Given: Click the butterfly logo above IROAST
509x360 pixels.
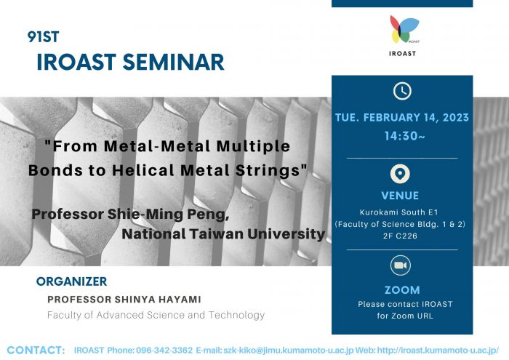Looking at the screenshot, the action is click(x=404, y=29).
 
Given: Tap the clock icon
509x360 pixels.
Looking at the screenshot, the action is click(x=402, y=91).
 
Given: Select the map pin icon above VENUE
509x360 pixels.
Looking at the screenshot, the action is click(x=400, y=174).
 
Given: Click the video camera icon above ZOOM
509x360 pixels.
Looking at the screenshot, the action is click(x=400, y=265).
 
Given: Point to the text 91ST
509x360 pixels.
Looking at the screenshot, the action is click(x=43, y=36).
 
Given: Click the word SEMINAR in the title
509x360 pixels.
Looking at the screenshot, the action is click(x=174, y=62).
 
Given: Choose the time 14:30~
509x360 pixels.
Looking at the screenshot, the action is click(x=405, y=136).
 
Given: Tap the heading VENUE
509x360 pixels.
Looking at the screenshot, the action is click(x=400, y=196).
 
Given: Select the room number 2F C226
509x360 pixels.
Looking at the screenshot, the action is click(x=400, y=236).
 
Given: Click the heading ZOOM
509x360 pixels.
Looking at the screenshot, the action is click(x=402, y=290).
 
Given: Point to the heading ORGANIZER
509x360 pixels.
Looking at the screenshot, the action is click(x=71, y=281).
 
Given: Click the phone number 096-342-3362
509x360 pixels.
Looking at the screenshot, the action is click(x=164, y=351).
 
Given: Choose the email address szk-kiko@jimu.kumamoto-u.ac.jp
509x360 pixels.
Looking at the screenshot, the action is click(x=288, y=351).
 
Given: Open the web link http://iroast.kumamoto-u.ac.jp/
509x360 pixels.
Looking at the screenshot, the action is click(x=438, y=351).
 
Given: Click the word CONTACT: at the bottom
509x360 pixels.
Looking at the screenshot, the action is click(x=36, y=351).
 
